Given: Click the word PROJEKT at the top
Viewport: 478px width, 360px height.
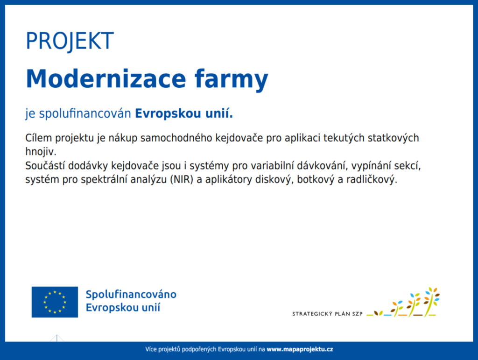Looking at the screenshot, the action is click(x=70, y=41).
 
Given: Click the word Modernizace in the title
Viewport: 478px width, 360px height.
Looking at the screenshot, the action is click(x=106, y=78).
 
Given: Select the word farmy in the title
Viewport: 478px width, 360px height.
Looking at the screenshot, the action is click(x=232, y=80).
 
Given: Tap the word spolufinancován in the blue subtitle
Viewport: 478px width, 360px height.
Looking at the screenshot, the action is click(x=85, y=114).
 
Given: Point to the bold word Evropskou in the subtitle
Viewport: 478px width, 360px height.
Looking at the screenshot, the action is click(x=168, y=114).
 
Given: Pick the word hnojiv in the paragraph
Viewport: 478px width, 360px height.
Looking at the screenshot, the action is click(x=40, y=152).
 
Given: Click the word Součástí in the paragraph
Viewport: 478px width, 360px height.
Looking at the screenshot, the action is click(x=45, y=166).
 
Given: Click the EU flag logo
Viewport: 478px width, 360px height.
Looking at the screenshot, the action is click(x=55, y=302).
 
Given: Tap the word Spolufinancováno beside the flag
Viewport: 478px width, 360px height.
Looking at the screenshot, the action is click(x=131, y=295).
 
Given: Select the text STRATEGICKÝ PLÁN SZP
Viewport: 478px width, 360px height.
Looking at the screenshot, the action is click(x=327, y=314).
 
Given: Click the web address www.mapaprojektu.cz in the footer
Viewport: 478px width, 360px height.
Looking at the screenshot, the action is click(x=300, y=349).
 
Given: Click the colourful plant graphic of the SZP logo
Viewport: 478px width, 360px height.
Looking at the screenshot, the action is click(x=403, y=302).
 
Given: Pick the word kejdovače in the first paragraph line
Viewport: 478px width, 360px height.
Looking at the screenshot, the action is click(x=239, y=138).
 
